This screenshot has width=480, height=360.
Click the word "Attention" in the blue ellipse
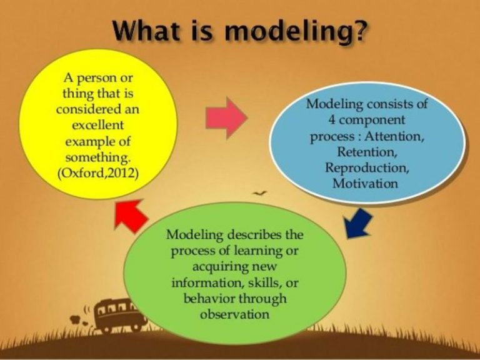coord(400,136)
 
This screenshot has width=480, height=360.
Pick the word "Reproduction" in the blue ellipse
coord(366,167)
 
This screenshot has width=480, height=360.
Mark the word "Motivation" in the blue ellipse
coord(366,183)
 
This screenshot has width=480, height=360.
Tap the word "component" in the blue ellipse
coord(373,120)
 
